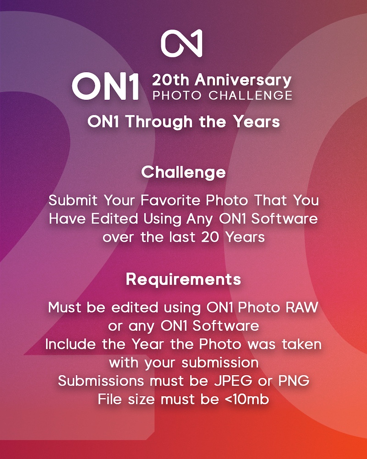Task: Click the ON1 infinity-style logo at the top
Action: point(182,43)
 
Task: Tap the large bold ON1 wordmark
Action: point(106,86)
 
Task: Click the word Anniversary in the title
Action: point(243,80)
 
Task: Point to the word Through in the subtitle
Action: point(160,122)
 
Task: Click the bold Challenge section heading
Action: point(183,173)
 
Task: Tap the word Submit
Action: point(73,201)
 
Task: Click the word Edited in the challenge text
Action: point(114,219)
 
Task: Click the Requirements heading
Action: point(183,280)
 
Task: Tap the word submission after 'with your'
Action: point(220,363)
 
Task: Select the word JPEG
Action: point(233,381)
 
